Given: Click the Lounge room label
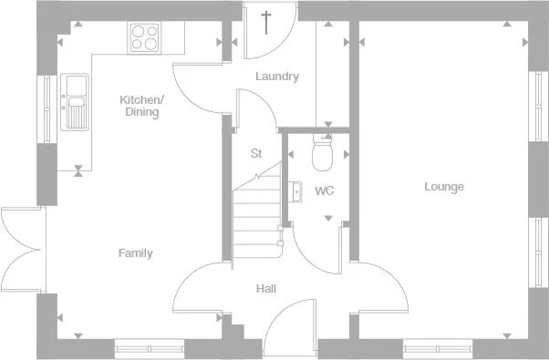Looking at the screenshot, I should click(x=444, y=187).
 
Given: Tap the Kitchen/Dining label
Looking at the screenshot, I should click(x=141, y=106).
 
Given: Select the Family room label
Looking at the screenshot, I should click(x=135, y=253).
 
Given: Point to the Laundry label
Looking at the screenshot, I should click(x=276, y=77).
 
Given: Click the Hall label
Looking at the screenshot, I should click(x=266, y=289).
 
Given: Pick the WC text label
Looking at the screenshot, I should click(x=324, y=191).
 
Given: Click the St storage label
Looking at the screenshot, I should click(x=256, y=153).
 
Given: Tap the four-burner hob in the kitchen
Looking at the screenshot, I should click(x=144, y=37).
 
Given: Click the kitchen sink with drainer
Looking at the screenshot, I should click(x=75, y=101).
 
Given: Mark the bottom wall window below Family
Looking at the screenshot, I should click(x=149, y=346).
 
